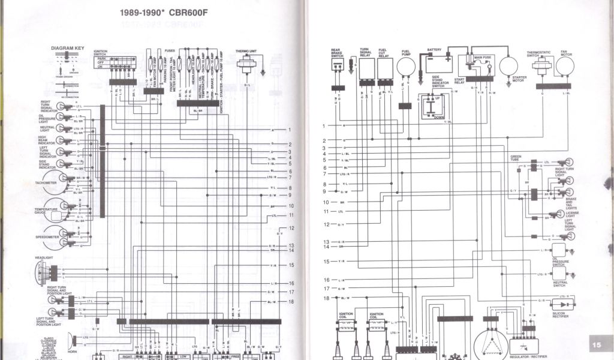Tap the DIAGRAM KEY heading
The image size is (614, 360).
pyautogui.click(x=67, y=47)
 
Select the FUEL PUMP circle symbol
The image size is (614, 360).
pyautogui.click(x=406, y=67)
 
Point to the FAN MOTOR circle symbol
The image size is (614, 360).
pyautogui.click(x=564, y=66)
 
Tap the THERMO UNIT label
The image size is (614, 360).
pyautogui.click(x=246, y=52)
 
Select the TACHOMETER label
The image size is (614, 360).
pyautogui.click(x=46, y=182)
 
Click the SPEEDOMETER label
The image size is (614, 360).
pyautogui.click(x=46, y=237)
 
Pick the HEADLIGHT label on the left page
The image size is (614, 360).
pyautogui.click(x=44, y=258)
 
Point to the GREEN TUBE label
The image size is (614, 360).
pyautogui.click(x=516, y=158)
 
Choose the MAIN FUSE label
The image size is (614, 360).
pyautogui.click(x=483, y=57)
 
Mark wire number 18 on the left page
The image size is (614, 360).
pyautogui.click(x=291, y=302)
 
